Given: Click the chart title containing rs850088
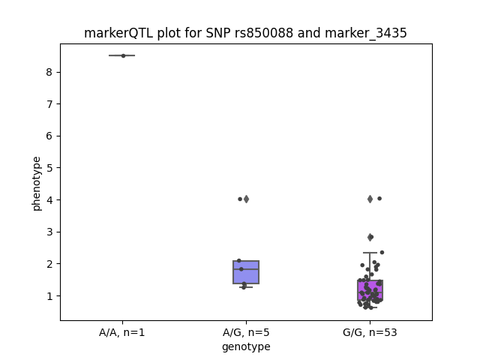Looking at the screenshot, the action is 245,33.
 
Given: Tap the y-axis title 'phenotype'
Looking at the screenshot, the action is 37,184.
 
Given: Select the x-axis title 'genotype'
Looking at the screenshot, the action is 246,346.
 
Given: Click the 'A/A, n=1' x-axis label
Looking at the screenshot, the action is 121,332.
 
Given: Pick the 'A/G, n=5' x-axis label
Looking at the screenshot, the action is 246,332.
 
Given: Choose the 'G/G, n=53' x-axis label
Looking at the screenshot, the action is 370,332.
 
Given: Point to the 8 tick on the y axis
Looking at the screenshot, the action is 49,72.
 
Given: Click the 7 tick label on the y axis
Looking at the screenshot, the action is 49,104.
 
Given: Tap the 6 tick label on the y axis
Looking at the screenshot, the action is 49,136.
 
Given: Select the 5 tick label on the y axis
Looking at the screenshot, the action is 49,168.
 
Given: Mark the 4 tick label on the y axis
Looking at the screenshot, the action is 49,200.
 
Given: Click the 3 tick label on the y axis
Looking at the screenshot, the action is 49,232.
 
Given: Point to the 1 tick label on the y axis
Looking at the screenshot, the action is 49,296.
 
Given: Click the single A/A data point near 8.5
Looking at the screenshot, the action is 123,55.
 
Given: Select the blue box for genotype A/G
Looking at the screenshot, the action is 246,272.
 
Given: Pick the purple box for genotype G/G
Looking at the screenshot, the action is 370,290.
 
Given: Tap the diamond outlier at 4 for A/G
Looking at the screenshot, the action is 246,199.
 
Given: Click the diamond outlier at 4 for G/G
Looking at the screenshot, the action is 370,199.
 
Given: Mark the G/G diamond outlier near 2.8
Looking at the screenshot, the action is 370,237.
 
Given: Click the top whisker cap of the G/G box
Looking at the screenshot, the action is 370,253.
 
